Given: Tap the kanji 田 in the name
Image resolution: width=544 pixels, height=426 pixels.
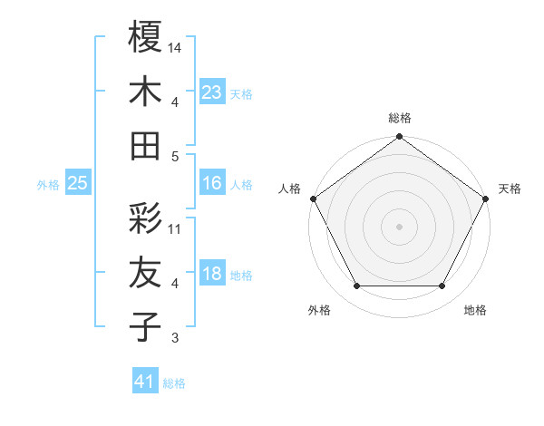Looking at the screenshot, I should [x=146, y=145].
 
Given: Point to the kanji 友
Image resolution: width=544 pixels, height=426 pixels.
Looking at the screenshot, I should [x=146, y=272].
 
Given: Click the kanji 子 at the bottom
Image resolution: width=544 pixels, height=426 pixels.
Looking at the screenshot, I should [x=146, y=326].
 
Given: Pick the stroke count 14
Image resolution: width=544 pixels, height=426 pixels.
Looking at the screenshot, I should [x=175, y=46].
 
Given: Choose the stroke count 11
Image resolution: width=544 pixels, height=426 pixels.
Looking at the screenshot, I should [x=175, y=228].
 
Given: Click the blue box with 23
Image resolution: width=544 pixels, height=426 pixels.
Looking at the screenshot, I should [x=212, y=92].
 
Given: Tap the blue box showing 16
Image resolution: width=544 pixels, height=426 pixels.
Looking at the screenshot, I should [x=212, y=183].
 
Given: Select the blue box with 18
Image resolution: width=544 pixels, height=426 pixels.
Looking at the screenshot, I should [x=212, y=275].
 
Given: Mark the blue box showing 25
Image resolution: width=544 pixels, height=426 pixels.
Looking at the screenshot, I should [x=78, y=183].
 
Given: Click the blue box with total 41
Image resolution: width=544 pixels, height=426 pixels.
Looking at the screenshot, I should [x=145, y=382].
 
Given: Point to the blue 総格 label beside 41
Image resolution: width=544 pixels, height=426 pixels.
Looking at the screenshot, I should [x=174, y=383].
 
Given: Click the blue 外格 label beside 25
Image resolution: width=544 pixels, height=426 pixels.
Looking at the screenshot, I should [x=48, y=185].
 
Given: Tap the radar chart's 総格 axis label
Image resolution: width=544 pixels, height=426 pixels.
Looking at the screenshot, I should [x=400, y=118].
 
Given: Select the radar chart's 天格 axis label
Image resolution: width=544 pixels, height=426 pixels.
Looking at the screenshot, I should [x=510, y=189].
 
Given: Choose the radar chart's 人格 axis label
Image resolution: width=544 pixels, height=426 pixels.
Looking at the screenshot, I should [x=290, y=189].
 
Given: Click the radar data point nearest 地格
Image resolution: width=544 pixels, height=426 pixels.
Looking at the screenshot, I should [x=442, y=286].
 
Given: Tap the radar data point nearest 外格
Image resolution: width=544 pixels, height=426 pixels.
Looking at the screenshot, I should [x=356, y=286].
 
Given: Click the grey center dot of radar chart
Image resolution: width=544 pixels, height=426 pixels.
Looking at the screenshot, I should [x=400, y=227].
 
